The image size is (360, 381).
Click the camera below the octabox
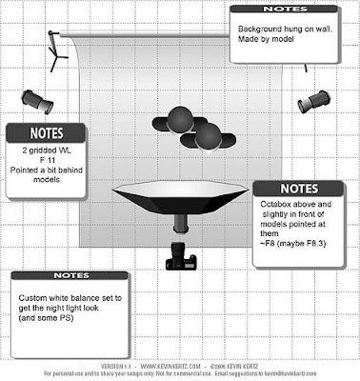point(178,255)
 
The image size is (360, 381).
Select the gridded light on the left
point(38,96)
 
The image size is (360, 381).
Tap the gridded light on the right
point(314,100)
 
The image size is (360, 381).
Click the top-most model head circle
point(179,117)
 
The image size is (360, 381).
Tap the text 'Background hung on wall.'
point(283,29)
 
